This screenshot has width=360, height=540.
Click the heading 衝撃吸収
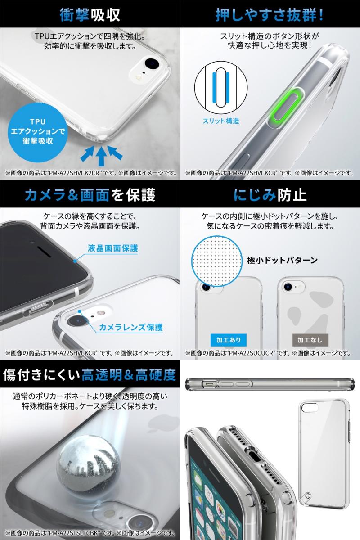point(90,15)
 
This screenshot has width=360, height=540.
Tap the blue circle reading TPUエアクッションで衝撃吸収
point(35,130)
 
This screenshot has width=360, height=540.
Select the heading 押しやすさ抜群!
point(270,15)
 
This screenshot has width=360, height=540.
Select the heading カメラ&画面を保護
point(90,195)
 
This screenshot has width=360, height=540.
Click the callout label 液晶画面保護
point(119,248)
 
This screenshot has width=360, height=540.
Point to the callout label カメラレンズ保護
point(131,327)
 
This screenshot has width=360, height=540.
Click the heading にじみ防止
point(270,195)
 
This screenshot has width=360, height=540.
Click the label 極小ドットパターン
point(283,260)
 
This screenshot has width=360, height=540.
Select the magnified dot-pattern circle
point(215,261)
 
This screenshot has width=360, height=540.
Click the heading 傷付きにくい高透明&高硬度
point(90,374)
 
